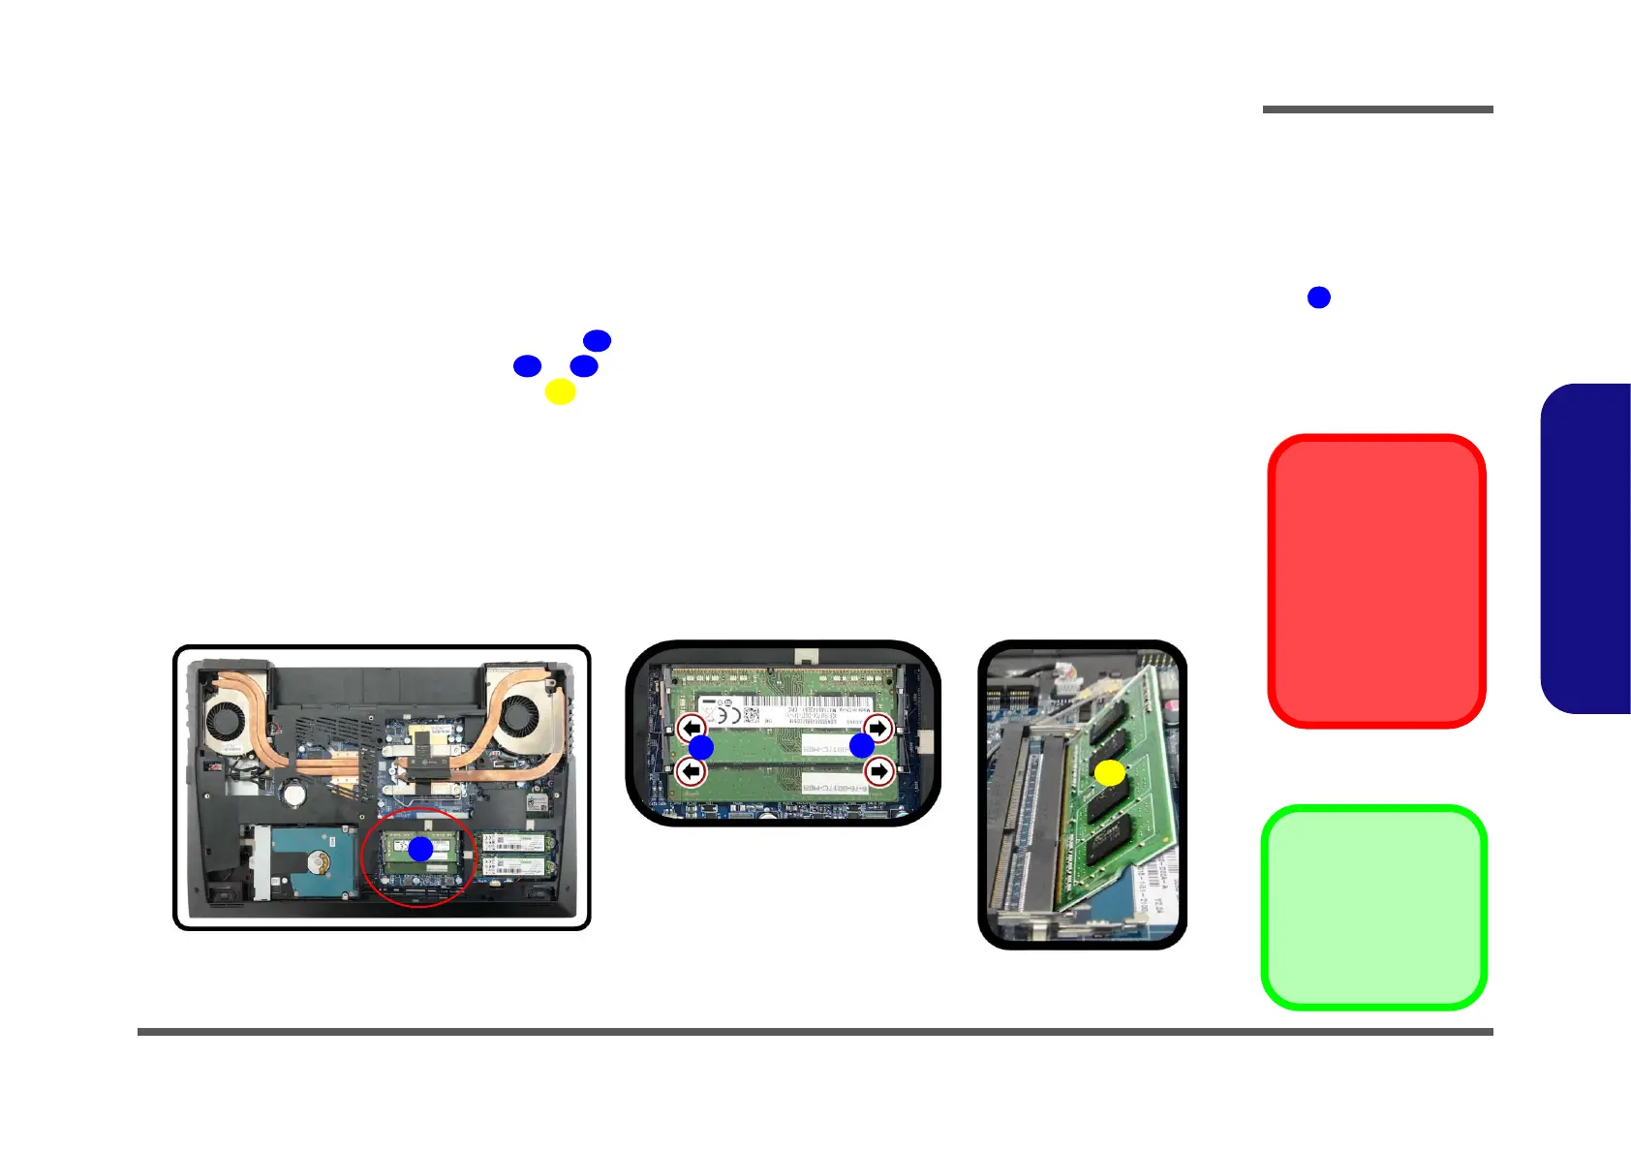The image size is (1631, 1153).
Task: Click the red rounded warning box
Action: (1376, 580)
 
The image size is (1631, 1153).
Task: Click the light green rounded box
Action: (1373, 908)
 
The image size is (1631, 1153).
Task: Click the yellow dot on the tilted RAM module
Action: (1109, 772)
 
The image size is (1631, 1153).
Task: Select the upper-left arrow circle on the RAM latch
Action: (692, 728)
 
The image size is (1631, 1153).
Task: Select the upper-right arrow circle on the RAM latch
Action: (877, 728)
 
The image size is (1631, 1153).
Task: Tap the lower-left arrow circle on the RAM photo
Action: (692, 771)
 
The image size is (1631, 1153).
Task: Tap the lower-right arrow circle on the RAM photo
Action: (877, 771)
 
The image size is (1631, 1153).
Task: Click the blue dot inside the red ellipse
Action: (420, 849)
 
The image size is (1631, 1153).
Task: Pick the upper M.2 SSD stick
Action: (518, 842)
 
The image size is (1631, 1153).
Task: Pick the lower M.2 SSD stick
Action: (518, 865)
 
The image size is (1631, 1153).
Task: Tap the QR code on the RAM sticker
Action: (751, 716)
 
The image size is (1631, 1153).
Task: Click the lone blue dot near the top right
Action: (1318, 297)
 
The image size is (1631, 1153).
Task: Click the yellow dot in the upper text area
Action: (560, 391)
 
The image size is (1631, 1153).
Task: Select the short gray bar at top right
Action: (1377, 109)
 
